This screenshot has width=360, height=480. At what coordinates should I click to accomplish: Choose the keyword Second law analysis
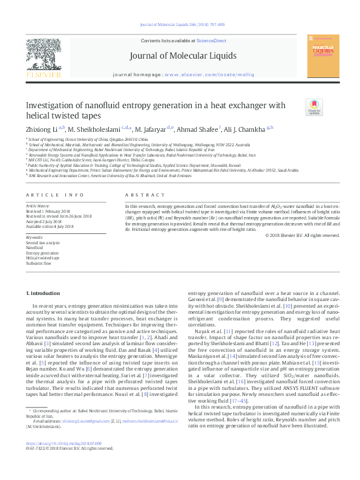42,242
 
